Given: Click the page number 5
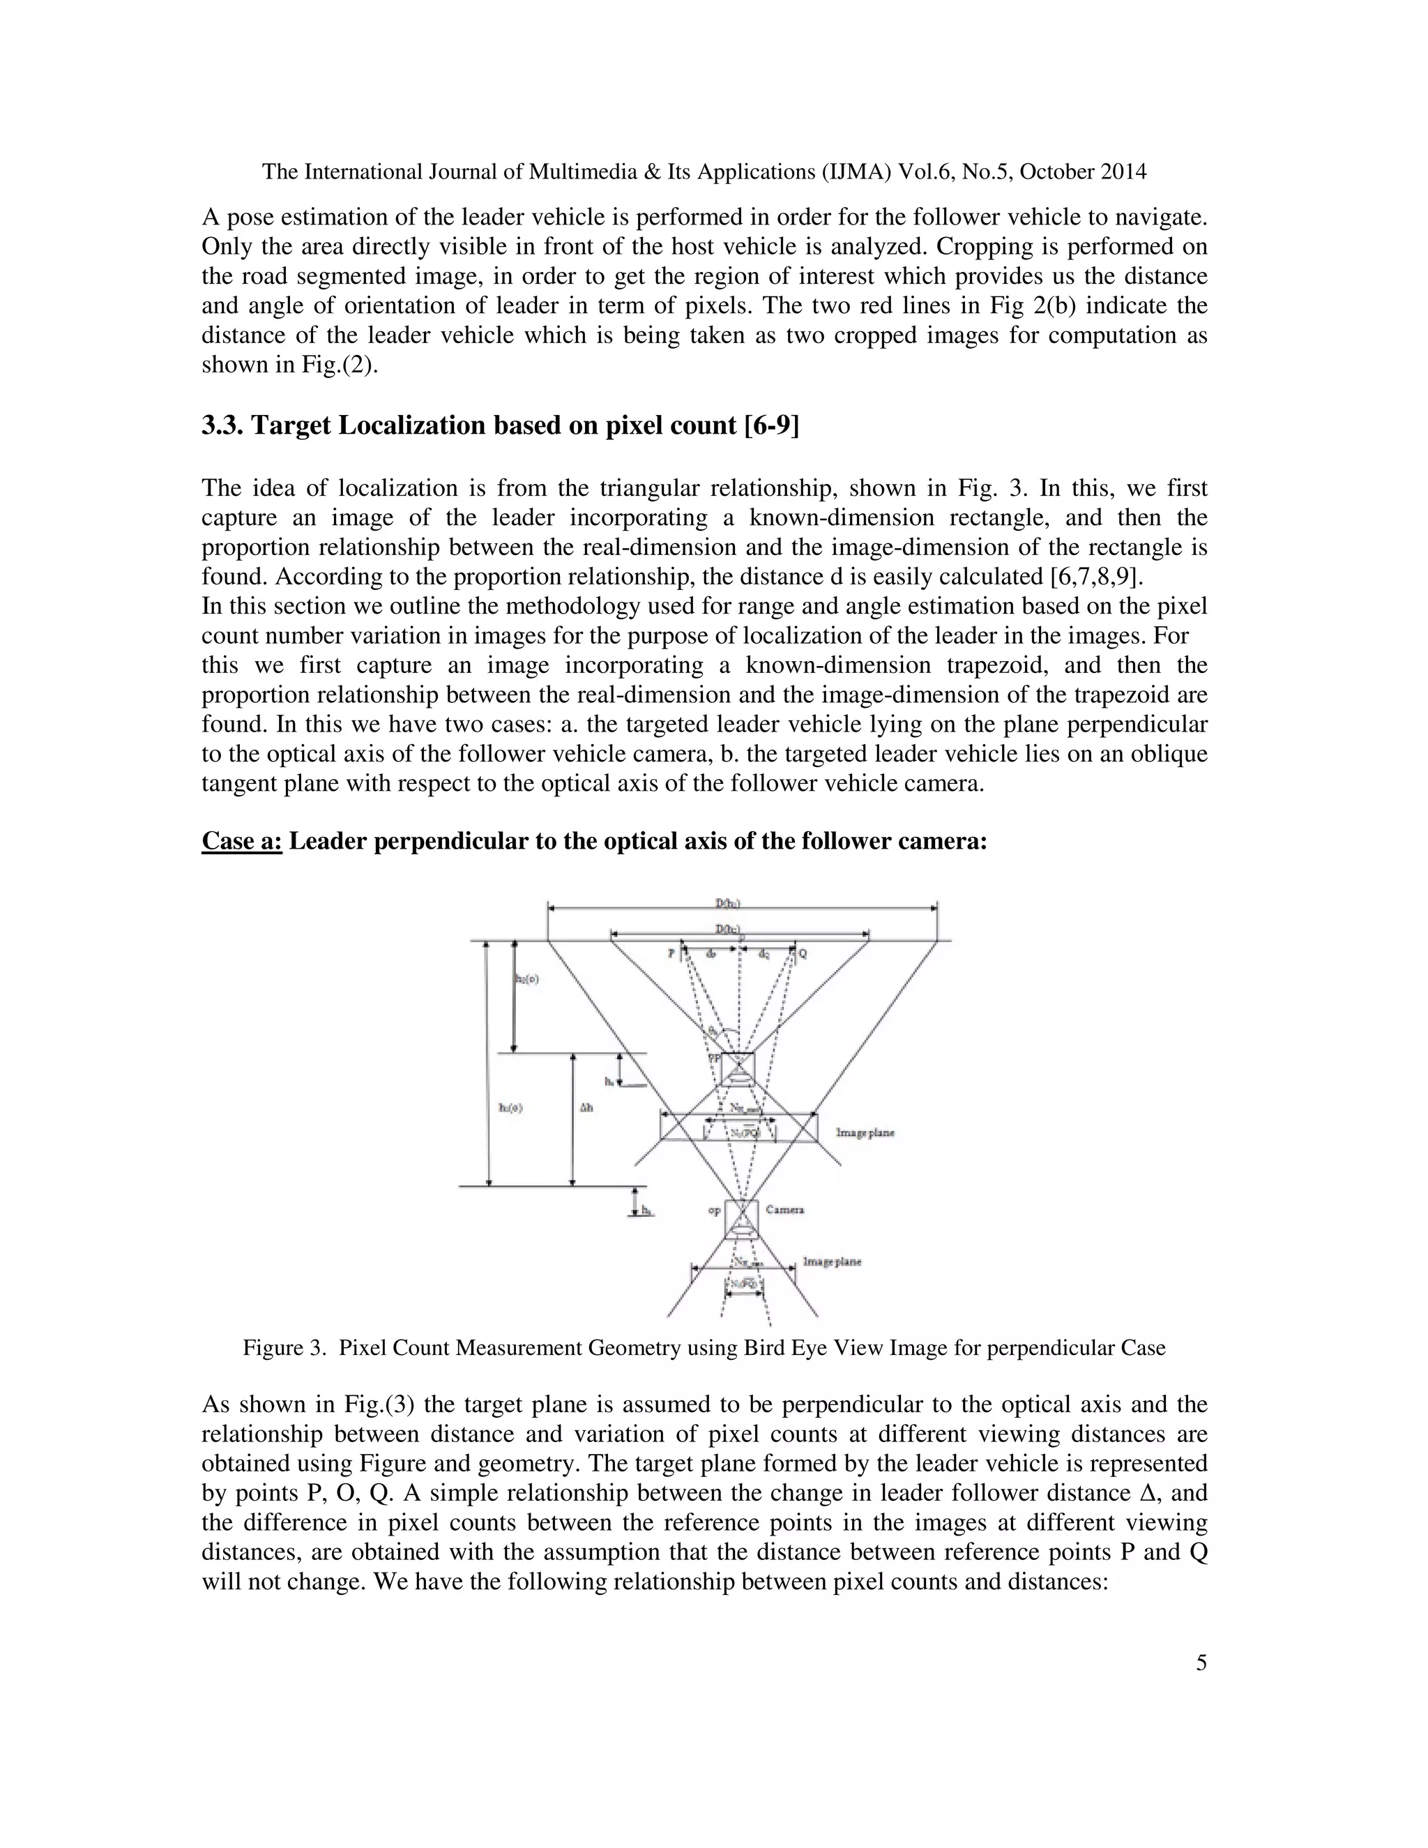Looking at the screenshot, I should click(x=1201, y=1686).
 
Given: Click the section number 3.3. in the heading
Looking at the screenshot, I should click(x=222, y=425).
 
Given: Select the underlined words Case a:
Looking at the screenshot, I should click(x=241, y=841).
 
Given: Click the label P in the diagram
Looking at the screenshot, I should click(x=671, y=953).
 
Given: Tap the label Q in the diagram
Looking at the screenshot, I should click(x=803, y=953).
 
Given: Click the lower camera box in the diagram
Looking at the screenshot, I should click(x=741, y=1218).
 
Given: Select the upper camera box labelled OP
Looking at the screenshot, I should click(x=738, y=1070).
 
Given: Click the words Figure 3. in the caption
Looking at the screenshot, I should click(x=284, y=1348).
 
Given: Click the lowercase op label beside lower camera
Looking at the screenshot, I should click(x=714, y=1210).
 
